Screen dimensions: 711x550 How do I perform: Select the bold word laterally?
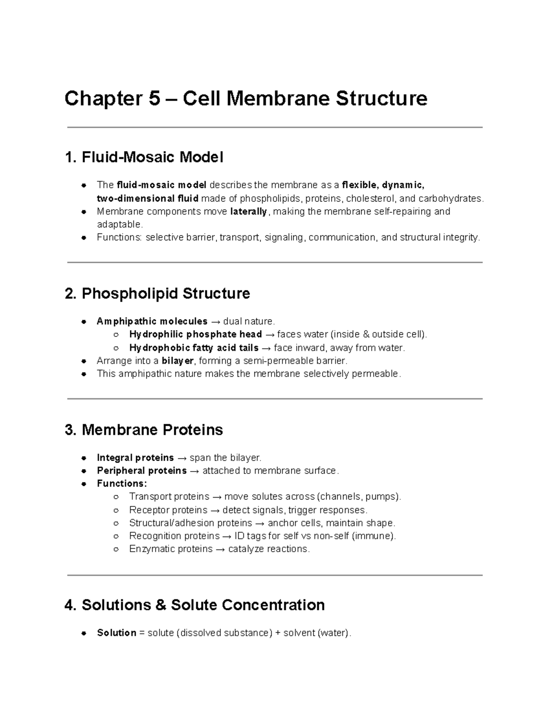[248, 212]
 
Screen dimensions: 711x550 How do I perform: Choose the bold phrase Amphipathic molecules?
[152, 321]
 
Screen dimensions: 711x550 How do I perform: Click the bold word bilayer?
[178, 361]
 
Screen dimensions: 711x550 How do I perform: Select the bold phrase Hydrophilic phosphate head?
[196, 334]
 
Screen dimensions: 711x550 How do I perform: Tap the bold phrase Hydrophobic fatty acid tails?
[194, 348]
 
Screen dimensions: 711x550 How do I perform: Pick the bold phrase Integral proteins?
[135, 458]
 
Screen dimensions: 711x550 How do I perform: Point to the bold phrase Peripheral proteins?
[142, 471]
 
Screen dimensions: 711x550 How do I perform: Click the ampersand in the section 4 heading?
[161, 605]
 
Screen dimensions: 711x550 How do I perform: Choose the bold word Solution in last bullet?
[116, 633]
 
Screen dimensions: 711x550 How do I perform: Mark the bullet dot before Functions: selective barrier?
[83, 238]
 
